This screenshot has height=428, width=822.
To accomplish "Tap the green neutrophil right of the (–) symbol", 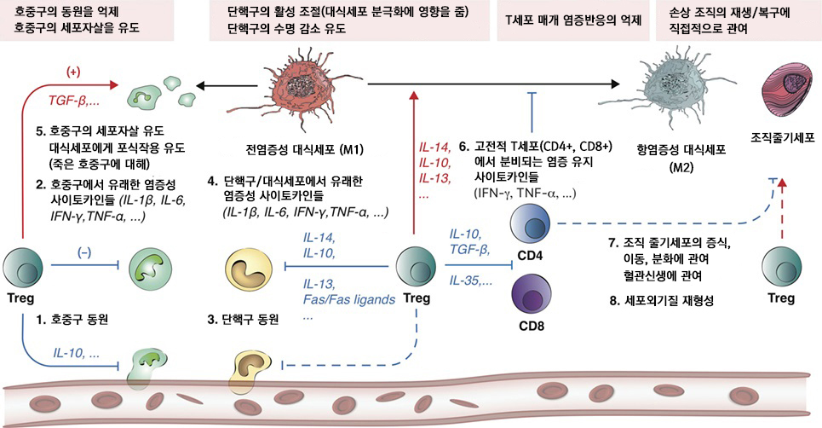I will point(149,269).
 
